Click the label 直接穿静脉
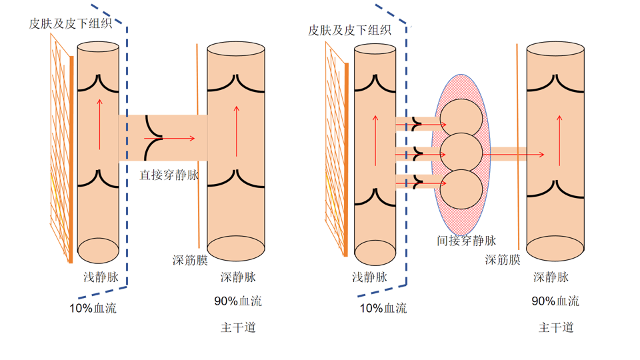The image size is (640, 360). tap(169, 176)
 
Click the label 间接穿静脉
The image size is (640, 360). tap(466, 241)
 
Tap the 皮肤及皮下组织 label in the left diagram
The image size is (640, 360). tap(70, 23)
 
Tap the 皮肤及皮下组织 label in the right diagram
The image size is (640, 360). tap(349, 30)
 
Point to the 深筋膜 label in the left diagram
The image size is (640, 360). tap(189, 260)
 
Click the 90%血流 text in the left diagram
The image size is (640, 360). tap(237, 301)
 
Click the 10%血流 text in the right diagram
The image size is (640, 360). tap(383, 308)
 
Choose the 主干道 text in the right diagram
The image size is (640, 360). tap(556, 327)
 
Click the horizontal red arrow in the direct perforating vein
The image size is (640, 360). tap(178, 139)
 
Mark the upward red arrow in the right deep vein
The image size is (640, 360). tap(559, 141)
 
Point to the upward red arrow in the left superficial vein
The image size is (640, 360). tap(100, 124)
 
